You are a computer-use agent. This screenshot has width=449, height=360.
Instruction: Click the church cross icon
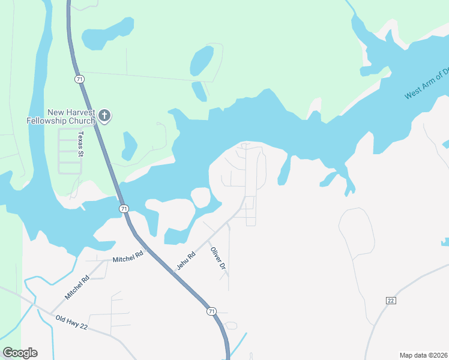tap(104, 116)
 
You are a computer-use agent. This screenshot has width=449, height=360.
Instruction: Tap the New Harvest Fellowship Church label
tap(61, 116)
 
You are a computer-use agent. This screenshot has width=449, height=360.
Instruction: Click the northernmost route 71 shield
tap(79, 79)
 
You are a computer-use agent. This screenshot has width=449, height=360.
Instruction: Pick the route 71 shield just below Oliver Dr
tap(211, 311)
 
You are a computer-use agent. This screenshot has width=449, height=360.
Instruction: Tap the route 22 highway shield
tap(390, 301)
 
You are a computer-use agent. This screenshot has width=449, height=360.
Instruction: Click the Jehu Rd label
tap(186, 260)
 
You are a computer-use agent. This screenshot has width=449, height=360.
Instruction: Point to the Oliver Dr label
tap(217, 257)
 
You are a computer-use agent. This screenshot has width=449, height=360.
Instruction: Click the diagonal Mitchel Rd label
tap(77, 286)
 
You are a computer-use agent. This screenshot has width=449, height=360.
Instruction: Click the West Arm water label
tap(426, 85)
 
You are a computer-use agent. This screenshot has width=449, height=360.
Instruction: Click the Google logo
tap(20, 353)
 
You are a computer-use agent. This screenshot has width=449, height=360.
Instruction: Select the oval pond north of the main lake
tap(202, 60)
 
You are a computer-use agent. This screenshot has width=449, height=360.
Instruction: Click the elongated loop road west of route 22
tap(356, 231)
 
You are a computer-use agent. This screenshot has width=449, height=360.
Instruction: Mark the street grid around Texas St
tap(70, 151)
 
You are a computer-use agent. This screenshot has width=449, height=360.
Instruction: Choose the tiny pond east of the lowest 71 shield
tap(231, 326)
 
